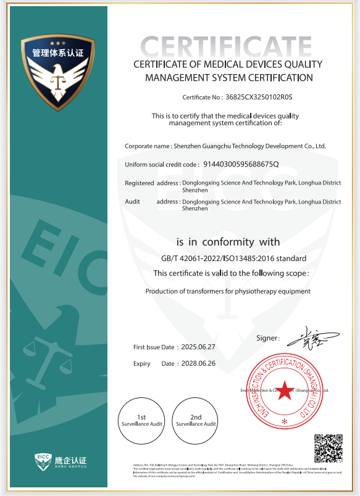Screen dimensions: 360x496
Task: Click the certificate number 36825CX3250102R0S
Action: coord(259,97)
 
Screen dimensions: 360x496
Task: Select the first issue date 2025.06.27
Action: coord(198,347)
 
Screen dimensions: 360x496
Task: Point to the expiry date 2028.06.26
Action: coord(198,363)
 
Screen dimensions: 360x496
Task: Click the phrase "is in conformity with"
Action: coord(228,242)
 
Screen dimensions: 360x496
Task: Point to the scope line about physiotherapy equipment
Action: coord(228,291)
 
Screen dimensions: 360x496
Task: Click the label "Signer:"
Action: coord(268,338)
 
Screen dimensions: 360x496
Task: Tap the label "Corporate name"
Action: coord(148,146)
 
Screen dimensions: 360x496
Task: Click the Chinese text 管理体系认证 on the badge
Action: coord(58,54)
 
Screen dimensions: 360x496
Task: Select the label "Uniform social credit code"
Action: coord(162,165)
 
